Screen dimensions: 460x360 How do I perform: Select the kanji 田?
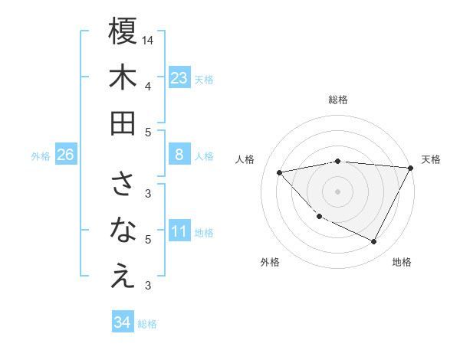(x=123, y=123)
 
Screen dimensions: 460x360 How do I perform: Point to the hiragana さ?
(x=123, y=184)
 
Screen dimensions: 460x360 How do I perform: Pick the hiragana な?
(x=123, y=230)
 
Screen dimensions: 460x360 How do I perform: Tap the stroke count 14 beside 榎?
(x=148, y=39)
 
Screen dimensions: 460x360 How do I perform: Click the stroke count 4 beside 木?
(x=148, y=87)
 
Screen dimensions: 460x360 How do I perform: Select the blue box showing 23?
(x=179, y=77)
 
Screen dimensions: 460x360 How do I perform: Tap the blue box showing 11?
(x=179, y=231)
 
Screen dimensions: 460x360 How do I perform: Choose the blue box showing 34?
(x=123, y=322)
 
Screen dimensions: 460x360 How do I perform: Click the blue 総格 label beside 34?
(x=147, y=324)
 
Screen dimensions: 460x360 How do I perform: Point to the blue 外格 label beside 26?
(x=41, y=156)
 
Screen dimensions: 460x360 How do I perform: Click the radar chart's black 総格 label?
(x=338, y=100)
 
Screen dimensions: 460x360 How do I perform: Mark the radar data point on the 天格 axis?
(x=411, y=168)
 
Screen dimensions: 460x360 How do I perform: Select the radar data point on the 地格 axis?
(x=374, y=242)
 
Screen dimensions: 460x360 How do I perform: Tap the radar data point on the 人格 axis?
(x=281, y=172)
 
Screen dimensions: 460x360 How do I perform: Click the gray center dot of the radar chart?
(x=338, y=191)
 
